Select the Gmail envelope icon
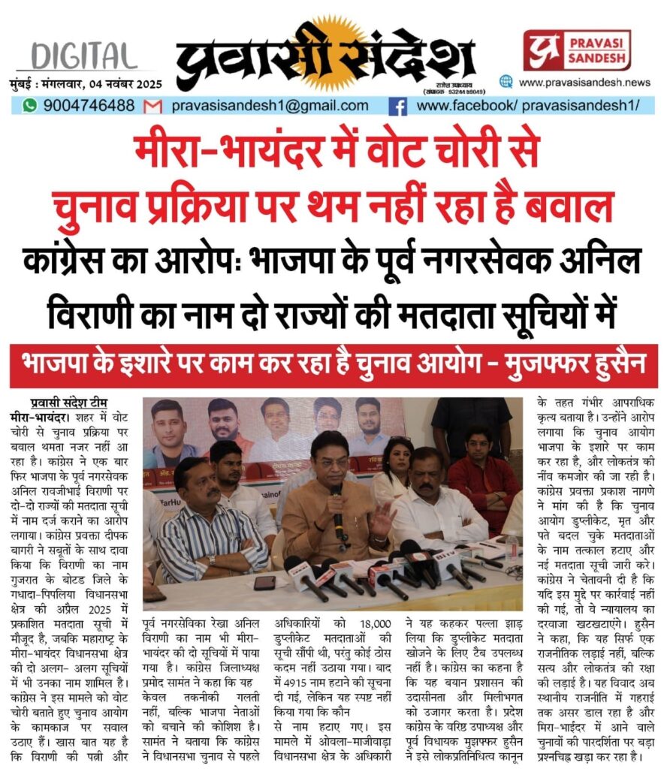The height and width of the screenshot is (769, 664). [x=152, y=106]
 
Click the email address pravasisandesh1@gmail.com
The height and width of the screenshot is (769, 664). [x=270, y=106]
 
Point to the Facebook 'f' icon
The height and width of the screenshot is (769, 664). [x=397, y=106]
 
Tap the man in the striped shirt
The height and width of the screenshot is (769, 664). [x=203, y=526]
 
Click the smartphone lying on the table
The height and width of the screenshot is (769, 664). [x=264, y=583]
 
